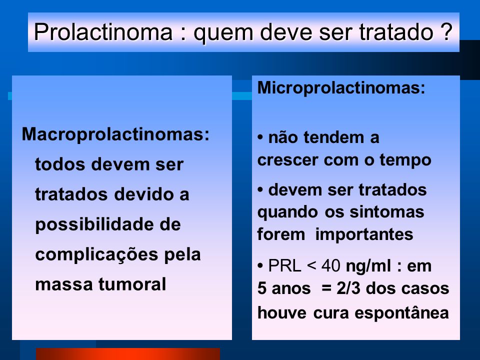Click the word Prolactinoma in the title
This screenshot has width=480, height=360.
[x=103, y=32]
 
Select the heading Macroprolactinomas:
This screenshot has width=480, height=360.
[x=115, y=134]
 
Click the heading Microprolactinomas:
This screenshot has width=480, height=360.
[x=341, y=87]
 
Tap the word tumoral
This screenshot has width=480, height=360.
[x=132, y=284]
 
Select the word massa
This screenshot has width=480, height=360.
[x=64, y=284]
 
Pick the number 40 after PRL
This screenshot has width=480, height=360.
[x=330, y=265]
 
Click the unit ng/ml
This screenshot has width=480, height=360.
[x=368, y=266]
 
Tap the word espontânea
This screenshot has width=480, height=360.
[x=401, y=313]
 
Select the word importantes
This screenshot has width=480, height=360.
[x=364, y=235]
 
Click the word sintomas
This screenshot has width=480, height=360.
[x=387, y=212]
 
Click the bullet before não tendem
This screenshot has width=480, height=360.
[x=260, y=137]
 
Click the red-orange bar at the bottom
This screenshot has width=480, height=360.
[x=128, y=354]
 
